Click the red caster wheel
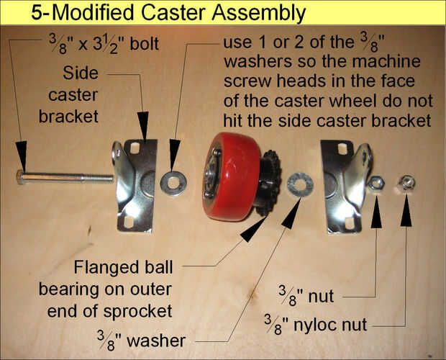[x=232, y=176]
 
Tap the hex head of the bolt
[x=20, y=177]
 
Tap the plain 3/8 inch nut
[x=376, y=183]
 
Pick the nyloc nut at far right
[x=406, y=182]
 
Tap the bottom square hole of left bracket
[x=129, y=222]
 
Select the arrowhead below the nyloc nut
[x=406, y=210]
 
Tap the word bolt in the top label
[x=144, y=44]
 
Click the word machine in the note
[x=386, y=61]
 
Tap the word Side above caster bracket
[x=81, y=73]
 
